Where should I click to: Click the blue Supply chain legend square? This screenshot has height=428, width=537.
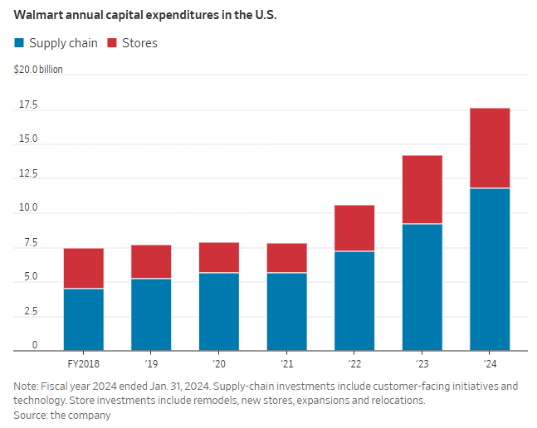tap(18, 43)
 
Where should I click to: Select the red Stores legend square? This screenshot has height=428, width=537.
tap(112, 43)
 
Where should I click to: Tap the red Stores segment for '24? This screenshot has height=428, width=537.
tap(490, 148)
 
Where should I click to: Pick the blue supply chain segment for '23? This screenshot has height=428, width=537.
tap(422, 287)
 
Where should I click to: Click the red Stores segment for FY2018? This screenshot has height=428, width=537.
tap(84, 269)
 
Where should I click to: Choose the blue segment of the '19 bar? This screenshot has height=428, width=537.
tap(151, 314)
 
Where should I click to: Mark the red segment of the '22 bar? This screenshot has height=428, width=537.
tap(354, 228)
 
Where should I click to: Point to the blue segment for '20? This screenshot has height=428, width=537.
tap(219, 312)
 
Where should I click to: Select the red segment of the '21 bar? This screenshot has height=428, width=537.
tap(286, 258)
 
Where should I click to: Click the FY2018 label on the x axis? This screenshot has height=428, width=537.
tap(83, 362)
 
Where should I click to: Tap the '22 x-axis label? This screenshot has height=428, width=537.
tap(354, 362)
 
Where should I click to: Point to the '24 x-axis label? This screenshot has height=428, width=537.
tap(490, 362)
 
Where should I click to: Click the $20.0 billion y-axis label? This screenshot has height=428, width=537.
tap(38, 70)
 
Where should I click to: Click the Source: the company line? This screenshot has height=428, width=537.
tap(62, 414)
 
